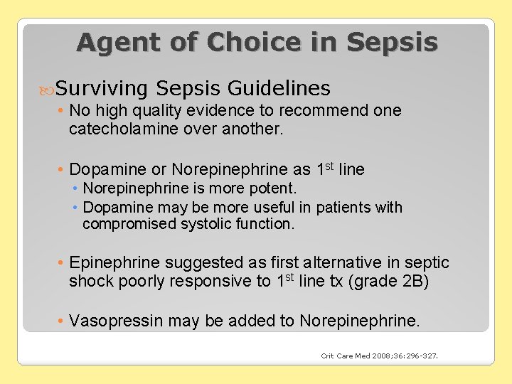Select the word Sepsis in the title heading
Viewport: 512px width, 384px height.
pyautogui.click(x=392, y=43)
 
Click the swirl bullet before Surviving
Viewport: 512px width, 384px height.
pyautogui.click(x=48, y=90)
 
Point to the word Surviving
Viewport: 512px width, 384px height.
pyautogui.click(x=102, y=89)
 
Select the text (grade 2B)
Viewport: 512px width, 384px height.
pyautogui.click(x=390, y=282)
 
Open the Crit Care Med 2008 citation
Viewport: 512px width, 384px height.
pyautogui.click(x=379, y=356)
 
